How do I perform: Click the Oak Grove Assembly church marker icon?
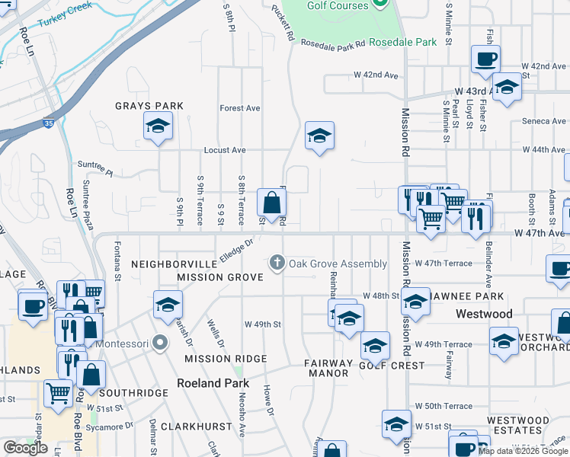[277, 264]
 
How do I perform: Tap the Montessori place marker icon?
[159, 342]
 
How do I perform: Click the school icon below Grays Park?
[158, 126]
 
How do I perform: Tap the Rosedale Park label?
[403, 42]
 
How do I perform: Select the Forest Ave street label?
[240, 108]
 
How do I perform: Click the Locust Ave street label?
[226, 150]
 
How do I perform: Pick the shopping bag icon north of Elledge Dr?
[272, 203]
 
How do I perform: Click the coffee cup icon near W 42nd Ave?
[485, 59]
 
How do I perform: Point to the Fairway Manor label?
[326, 368]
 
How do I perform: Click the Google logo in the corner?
[25, 448]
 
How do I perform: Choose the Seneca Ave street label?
[544, 121]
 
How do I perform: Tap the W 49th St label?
[263, 324]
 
